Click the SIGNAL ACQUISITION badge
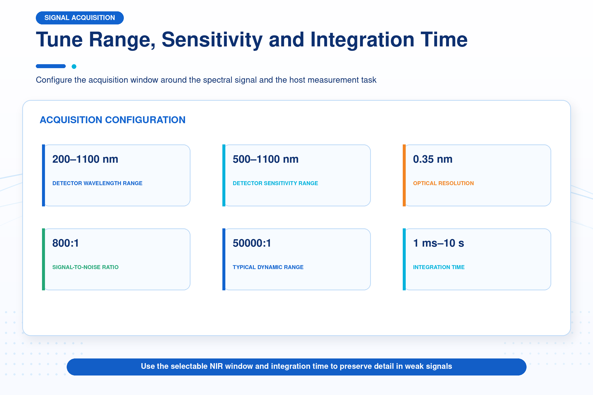point(80,18)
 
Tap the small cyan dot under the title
point(74,66)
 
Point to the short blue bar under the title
point(51,66)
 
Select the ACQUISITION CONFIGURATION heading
point(113,120)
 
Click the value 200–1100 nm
point(85,159)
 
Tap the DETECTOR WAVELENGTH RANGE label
point(97,183)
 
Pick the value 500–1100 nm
point(265,159)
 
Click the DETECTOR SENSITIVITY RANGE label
point(275,183)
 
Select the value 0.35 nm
point(433,159)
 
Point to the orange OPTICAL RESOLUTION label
point(443,183)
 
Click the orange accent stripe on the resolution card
point(404,175)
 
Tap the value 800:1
point(65,243)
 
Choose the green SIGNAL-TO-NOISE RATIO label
point(85,267)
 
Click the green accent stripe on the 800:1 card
point(43,259)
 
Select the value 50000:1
point(252,243)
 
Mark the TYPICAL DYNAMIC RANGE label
point(268,267)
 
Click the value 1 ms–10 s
point(438,243)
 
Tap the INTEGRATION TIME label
point(439,267)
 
